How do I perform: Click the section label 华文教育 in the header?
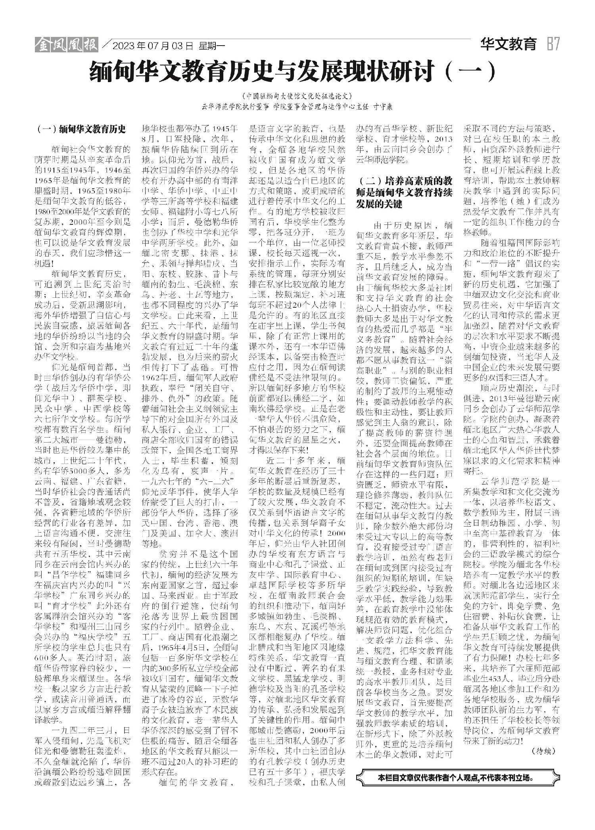click(x=508, y=44)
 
